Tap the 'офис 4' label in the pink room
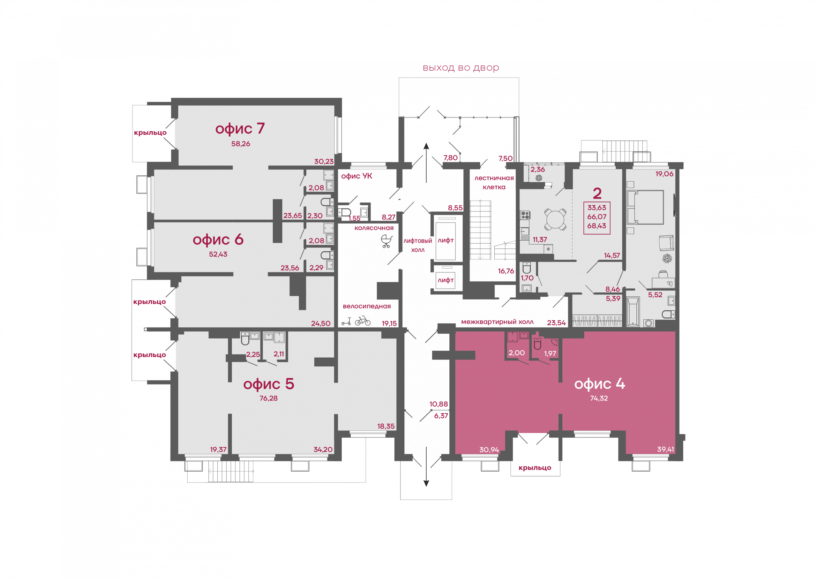point(600,384)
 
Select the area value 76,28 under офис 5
point(268,398)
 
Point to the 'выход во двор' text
point(461,68)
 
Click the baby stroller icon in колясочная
point(387,241)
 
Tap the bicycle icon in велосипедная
point(363,321)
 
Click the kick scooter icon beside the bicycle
point(346,321)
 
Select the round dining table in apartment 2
point(555,220)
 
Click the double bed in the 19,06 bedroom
point(645,207)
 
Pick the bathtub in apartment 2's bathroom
point(633,312)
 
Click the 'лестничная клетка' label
point(494,182)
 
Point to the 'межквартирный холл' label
point(497,322)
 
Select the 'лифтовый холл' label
point(418,245)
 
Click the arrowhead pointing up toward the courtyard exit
point(426,146)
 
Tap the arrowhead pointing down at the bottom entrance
point(426,483)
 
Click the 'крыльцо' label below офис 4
point(535,468)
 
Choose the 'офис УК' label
point(356,176)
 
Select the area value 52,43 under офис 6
point(218,254)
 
